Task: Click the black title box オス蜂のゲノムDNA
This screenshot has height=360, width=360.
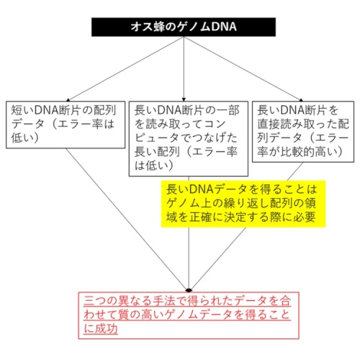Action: click(184, 27)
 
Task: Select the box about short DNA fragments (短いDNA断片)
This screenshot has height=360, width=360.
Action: click(66, 125)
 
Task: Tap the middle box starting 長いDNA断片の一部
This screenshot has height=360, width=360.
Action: click(189, 139)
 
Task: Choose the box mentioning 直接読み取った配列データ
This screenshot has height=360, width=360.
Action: click(303, 132)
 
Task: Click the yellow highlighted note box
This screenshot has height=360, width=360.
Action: click(243, 204)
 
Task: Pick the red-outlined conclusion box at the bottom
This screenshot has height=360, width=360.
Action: click(189, 315)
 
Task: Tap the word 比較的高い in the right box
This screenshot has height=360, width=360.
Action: click(308, 152)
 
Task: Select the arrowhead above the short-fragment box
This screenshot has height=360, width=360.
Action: click(68, 99)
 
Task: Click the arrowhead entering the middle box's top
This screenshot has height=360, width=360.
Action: click(184, 99)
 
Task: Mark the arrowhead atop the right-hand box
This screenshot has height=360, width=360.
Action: click(301, 99)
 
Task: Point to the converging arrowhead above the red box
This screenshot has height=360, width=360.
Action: click(189, 290)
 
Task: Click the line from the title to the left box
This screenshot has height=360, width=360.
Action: click(126, 68)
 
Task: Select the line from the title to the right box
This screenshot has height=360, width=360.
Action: click(243, 68)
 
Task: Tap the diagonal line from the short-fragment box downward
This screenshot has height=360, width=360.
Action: click(127, 219)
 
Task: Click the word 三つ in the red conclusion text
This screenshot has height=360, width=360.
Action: click(95, 301)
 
